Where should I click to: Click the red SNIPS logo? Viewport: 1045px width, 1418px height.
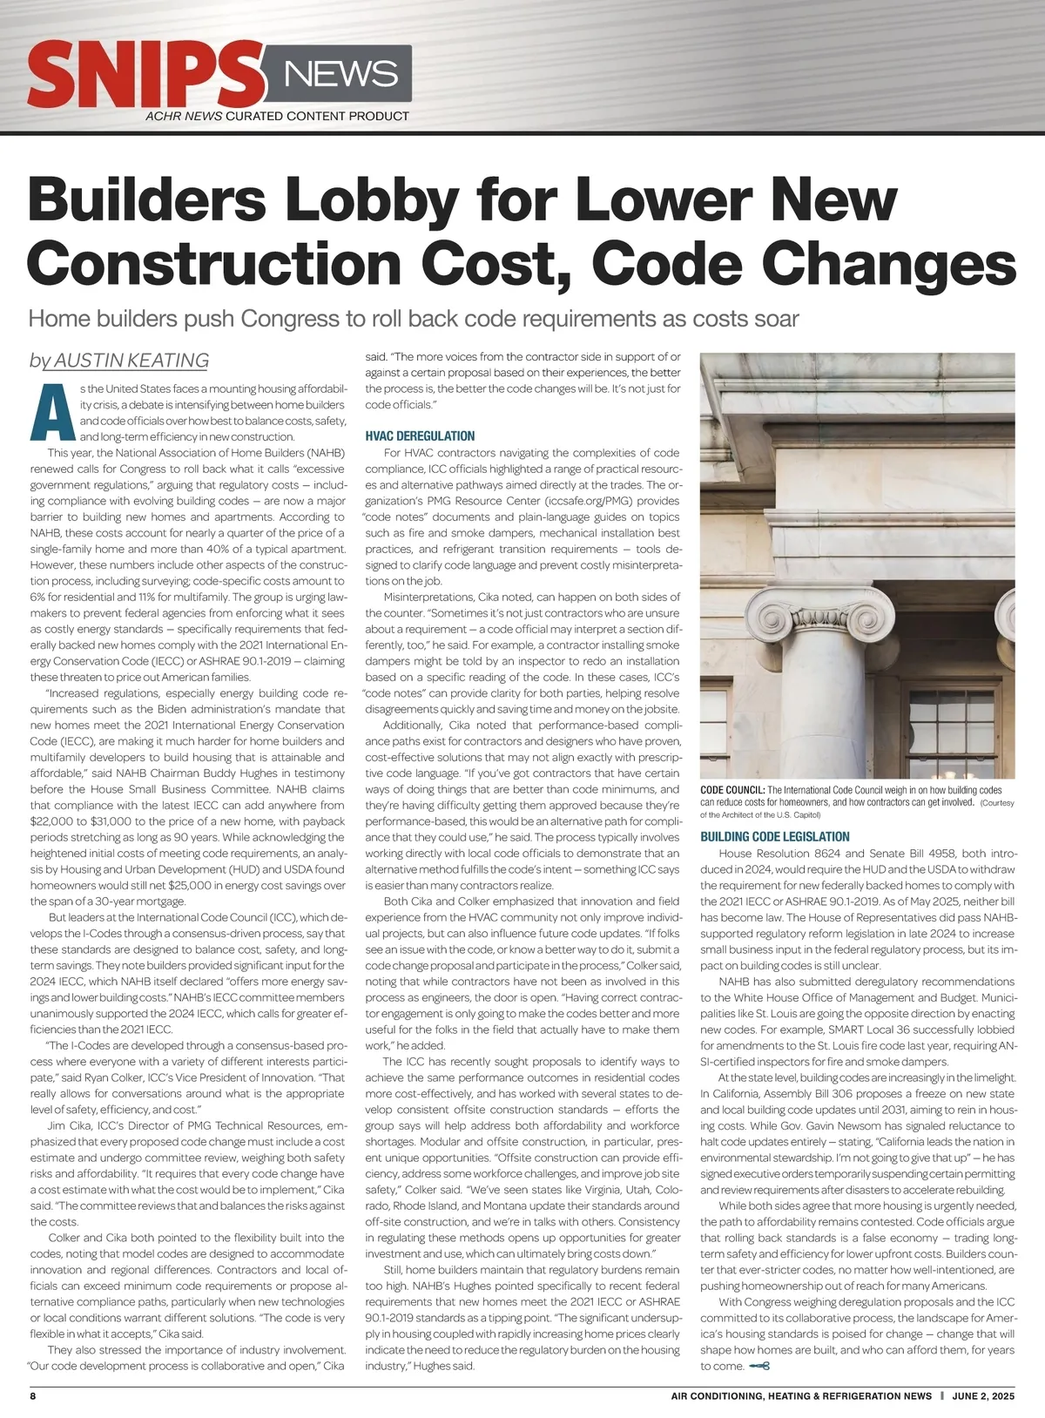[144, 75]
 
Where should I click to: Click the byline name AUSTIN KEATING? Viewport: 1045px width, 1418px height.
[131, 361]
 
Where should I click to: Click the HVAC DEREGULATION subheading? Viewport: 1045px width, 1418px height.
[420, 436]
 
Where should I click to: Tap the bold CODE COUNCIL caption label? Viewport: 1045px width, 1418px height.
[732, 790]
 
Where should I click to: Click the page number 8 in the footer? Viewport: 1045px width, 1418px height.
[33, 1395]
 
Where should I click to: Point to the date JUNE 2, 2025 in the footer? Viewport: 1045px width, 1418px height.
[983, 1395]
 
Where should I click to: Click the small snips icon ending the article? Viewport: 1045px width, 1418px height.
[758, 1366]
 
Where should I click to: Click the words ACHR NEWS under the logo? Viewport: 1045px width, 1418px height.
[184, 116]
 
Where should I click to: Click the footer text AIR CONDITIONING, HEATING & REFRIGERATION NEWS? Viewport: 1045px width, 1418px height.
[801, 1395]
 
